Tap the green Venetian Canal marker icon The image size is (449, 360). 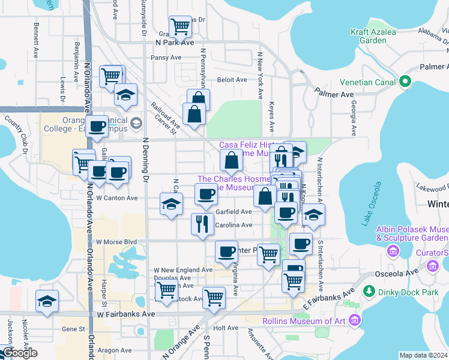(x=405, y=82)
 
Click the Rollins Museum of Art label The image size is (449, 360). (x=312, y=321)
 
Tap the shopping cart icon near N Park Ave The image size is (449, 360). (x=180, y=26)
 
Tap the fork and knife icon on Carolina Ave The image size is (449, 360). (x=202, y=223)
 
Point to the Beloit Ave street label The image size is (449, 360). (x=232, y=80)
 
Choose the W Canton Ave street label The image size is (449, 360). (x=116, y=197)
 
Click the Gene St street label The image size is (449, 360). (x=74, y=329)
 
